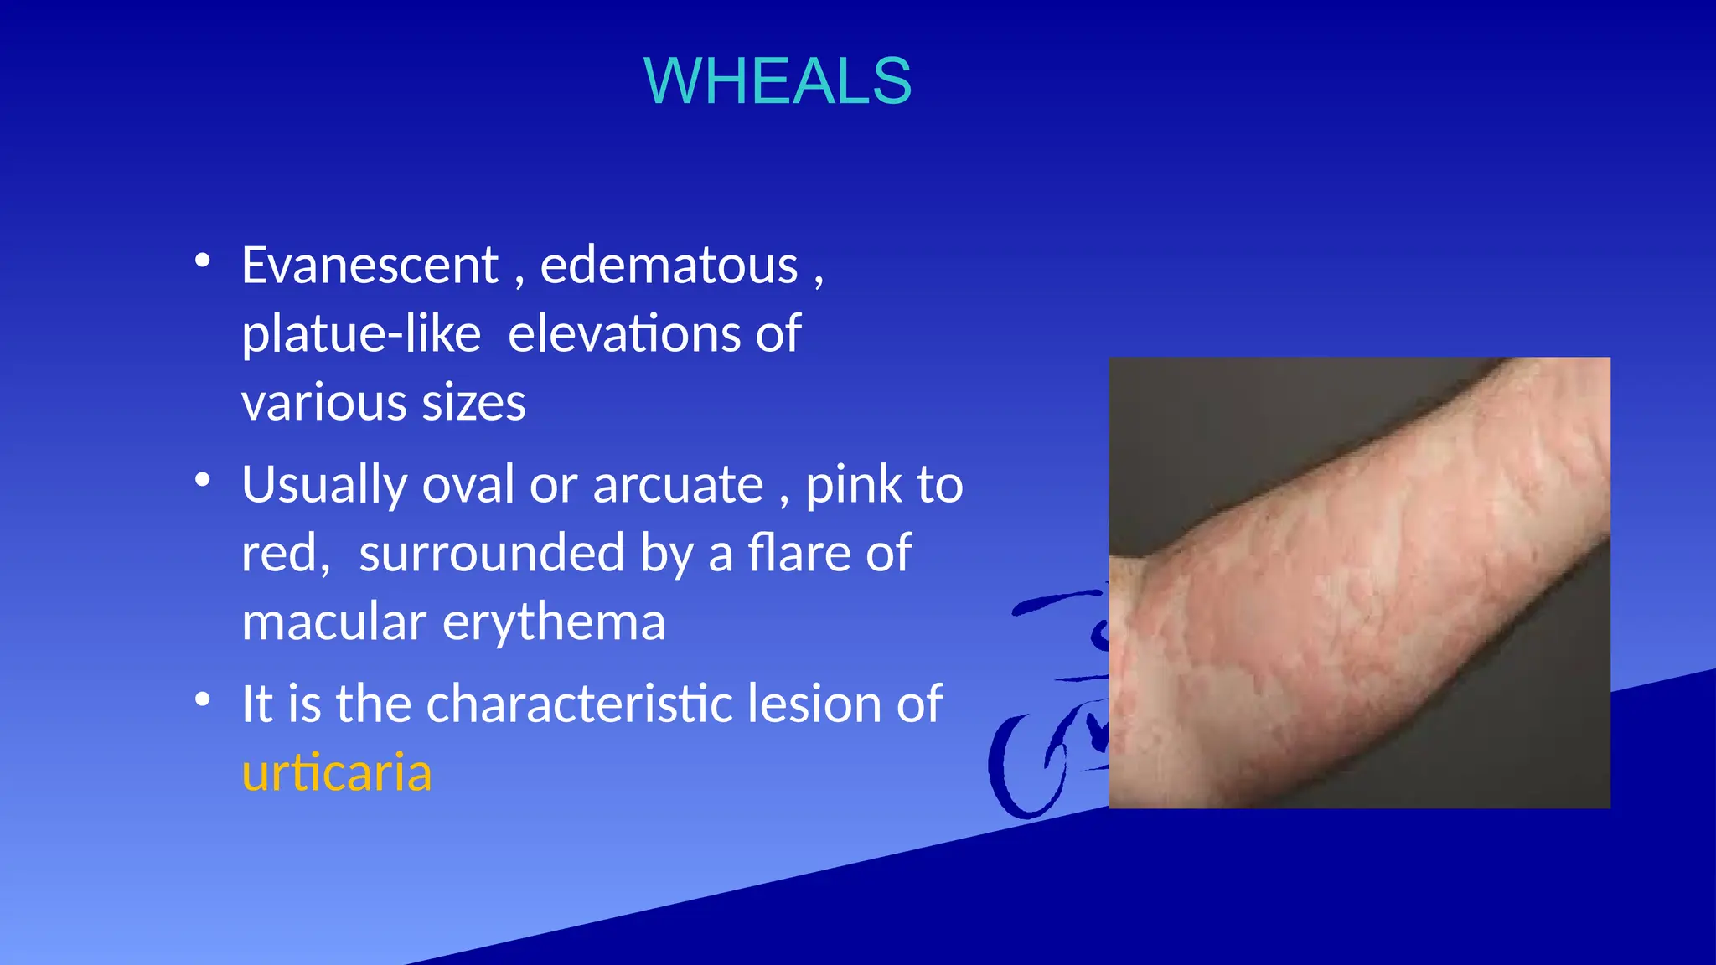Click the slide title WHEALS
click(x=777, y=81)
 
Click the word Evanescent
click(x=370, y=266)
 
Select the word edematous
click(x=669, y=266)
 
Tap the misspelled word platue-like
click(x=361, y=334)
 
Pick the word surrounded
click(x=491, y=554)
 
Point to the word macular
click(x=333, y=622)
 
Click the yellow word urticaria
click(x=336, y=772)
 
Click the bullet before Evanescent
click(x=202, y=261)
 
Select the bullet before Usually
click(x=202, y=480)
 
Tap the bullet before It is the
click(x=202, y=699)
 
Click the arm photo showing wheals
click(x=1359, y=582)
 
